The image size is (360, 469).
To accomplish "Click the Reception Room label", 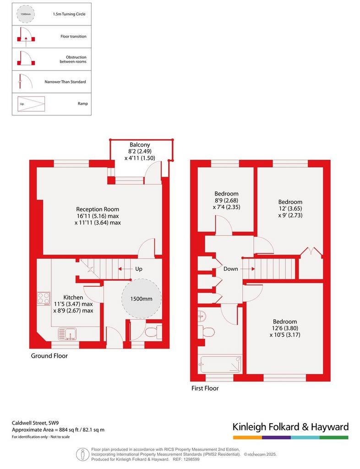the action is click(98, 209).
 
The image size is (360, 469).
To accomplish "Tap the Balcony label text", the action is click(140, 145).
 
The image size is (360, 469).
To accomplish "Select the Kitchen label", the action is click(73, 297).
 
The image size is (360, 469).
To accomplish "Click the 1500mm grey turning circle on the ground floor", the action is click(142, 298).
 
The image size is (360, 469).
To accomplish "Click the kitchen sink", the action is click(67, 334).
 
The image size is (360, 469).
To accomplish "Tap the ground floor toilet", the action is click(153, 332).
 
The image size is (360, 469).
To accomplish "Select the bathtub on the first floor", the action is click(221, 364).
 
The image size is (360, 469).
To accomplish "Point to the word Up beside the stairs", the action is click(139, 269).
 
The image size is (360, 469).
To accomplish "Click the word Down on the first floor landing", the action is click(231, 269).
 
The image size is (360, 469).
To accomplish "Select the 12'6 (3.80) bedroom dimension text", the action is click(285, 328).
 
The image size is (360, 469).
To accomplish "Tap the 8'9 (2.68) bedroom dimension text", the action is click(226, 201).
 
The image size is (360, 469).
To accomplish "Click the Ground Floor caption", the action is click(49, 356).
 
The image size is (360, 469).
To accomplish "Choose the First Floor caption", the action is click(205, 388).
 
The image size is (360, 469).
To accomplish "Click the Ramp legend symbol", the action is click(31, 104).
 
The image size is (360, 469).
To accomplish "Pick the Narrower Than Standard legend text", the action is click(65, 82).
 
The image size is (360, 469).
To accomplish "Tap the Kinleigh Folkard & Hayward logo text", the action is click(291, 427).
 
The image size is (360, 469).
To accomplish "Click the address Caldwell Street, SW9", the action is click(35, 423).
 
